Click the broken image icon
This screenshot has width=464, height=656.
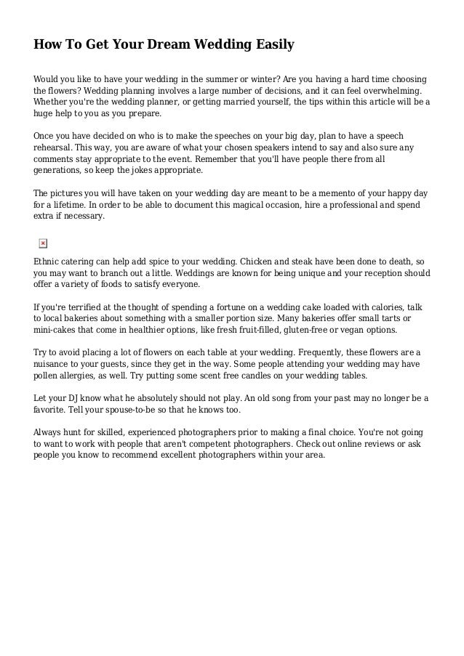tap(42, 243)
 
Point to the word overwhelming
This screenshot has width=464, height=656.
tap(392, 91)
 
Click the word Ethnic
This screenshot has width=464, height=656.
tap(49, 260)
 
